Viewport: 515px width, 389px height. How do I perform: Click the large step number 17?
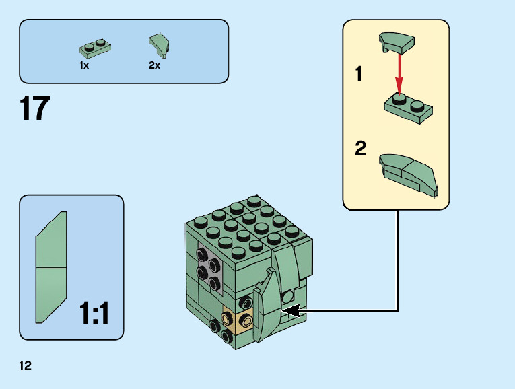pos(35,109)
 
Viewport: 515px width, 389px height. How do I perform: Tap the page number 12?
pos(26,365)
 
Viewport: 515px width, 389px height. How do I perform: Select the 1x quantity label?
pos(84,66)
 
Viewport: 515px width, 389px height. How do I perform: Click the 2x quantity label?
pos(154,66)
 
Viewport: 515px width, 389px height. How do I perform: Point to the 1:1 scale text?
pos(94,314)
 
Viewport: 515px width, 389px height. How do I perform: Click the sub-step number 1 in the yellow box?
pos(359,74)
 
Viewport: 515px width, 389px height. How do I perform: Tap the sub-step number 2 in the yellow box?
pos(361,149)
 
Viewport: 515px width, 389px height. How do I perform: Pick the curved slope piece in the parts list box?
pos(158,44)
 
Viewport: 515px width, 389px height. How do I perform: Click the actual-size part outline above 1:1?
pos(51,267)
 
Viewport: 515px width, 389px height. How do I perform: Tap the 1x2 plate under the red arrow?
pos(408,109)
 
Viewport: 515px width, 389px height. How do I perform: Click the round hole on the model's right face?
pos(288,296)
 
